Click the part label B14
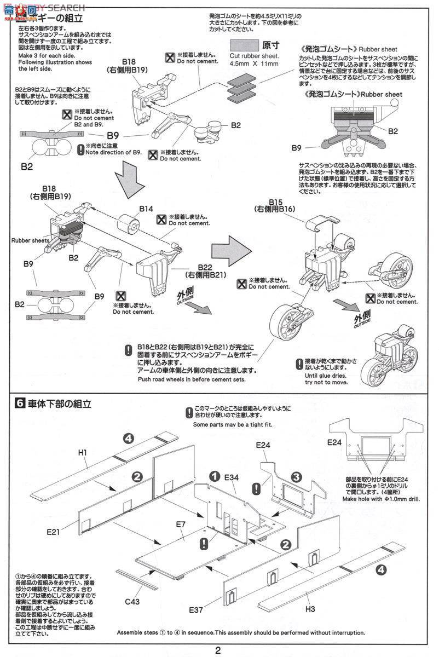[x=146, y=209]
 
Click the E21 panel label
[x=54, y=531]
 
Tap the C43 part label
[x=132, y=602]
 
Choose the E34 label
[x=232, y=477]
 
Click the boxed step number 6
[x=19, y=404]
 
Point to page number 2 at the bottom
[x=218, y=650]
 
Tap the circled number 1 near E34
[x=215, y=476]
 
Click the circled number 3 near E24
[x=296, y=477]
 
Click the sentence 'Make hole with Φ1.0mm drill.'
[x=381, y=499]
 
